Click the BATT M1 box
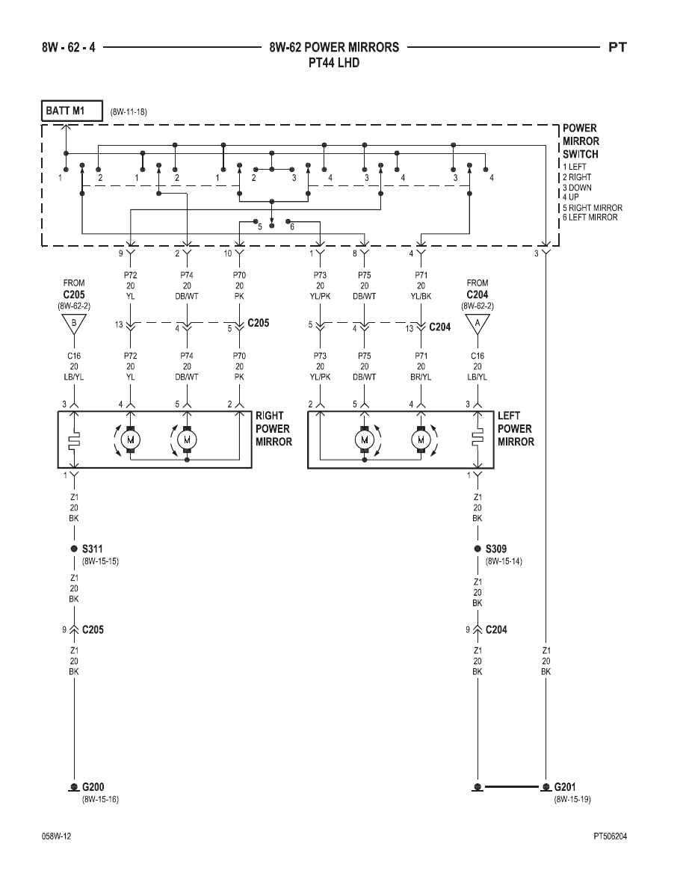pos(72,111)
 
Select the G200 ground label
pos(93,786)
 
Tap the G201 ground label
pos(565,786)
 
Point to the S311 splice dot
pos(73,549)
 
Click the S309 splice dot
pos(478,549)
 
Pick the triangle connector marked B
pos(74,324)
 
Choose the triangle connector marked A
pos(478,324)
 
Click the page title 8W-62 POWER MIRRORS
pos(334,47)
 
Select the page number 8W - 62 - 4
pos(69,47)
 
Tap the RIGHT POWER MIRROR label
pos(274,429)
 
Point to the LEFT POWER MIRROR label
pos(516,429)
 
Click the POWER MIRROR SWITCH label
pos(581,141)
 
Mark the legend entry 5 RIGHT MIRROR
pos(592,208)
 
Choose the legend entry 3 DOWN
pos(577,188)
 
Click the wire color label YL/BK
pos(421,296)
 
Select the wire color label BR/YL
pos(421,377)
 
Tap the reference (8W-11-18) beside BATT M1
pos(129,111)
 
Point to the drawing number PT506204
pos(611,836)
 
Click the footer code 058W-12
pos(57,836)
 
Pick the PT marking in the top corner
pos(617,47)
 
